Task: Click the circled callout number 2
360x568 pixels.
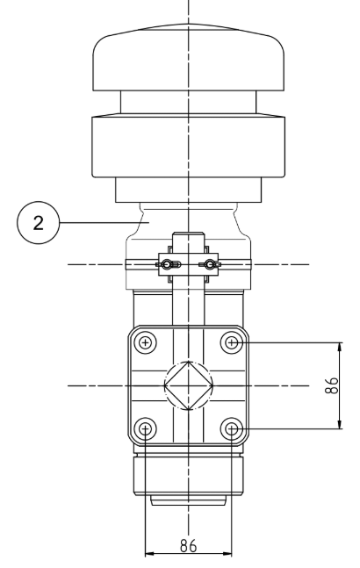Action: tap(38, 223)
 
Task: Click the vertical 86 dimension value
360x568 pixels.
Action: tap(331, 385)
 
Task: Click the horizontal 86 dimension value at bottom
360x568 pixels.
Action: tap(188, 546)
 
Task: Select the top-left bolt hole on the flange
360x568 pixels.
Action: tap(145, 342)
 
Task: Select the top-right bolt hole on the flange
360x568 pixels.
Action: tap(232, 342)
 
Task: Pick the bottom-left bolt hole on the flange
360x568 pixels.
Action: tap(145, 429)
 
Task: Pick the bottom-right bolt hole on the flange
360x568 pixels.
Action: tap(232, 429)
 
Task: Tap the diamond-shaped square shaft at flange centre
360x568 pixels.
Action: tap(188, 385)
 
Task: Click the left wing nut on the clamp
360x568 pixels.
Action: tap(168, 264)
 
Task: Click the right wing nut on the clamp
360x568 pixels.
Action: tap(210, 264)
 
